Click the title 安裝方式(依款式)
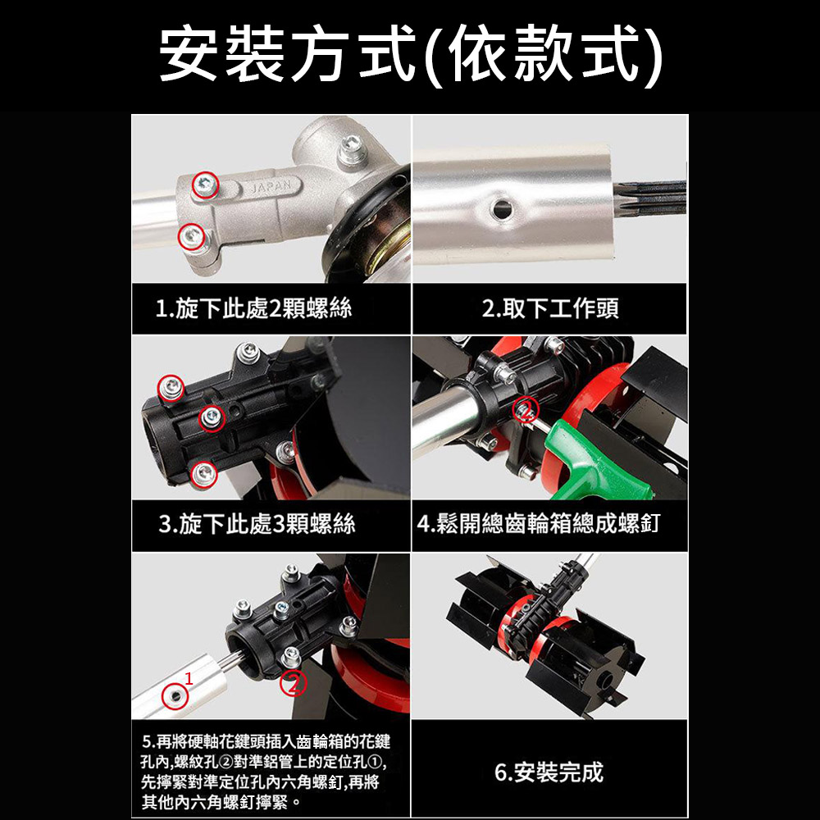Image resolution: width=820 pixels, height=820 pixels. coord(410,56)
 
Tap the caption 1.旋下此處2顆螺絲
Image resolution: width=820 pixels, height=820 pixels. coord(253,309)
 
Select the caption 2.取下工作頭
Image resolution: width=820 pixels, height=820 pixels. coord(550,309)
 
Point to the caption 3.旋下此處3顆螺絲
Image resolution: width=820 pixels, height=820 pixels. coord(257,523)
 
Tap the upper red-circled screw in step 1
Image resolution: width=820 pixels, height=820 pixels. coord(204,186)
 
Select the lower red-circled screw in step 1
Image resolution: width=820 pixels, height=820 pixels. coord(191,237)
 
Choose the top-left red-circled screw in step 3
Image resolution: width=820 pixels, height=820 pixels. coord(171,385)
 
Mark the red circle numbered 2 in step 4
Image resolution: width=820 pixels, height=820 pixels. coord(525,409)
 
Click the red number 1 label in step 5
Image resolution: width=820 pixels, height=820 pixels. coord(189,678)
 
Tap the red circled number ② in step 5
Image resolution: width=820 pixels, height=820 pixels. coord(294,682)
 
